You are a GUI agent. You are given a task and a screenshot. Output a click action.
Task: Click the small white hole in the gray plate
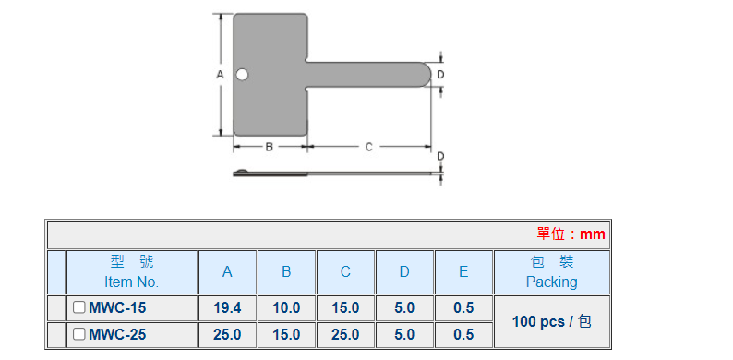(x=242, y=75)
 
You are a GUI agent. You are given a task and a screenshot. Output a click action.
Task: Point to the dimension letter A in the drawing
(x=221, y=75)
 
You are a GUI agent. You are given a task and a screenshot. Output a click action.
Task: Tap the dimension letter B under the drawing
(x=270, y=147)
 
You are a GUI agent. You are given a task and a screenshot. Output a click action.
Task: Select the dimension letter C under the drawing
(x=369, y=147)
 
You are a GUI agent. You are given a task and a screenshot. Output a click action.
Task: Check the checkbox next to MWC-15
(x=79, y=307)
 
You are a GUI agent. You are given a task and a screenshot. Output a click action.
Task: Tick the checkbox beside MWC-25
(x=79, y=334)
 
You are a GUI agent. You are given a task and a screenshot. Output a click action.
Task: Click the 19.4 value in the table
(x=227, y=307)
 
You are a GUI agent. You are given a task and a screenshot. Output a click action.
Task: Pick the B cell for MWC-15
(x=286, y=307)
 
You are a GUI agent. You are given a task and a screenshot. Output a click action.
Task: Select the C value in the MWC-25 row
(x=345, y=334)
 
